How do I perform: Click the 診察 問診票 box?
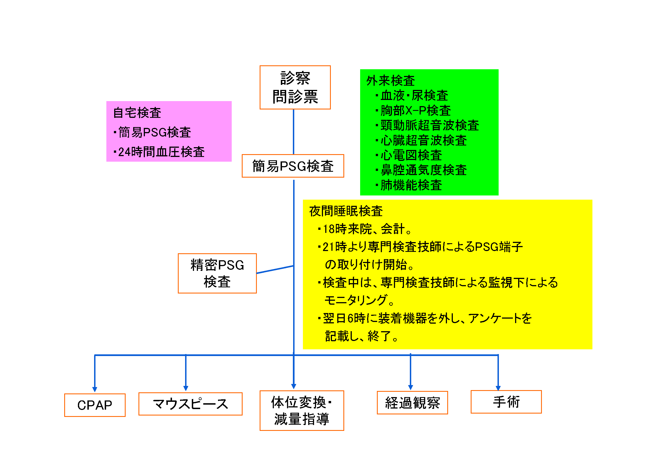(x=295, y=87)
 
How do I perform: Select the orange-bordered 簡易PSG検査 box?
(x=293, y=166)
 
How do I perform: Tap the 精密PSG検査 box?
(x=217, y=273)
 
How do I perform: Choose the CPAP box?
(x=95, y=405)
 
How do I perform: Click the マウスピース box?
(x=190, y=404)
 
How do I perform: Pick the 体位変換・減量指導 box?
(x=302, y=410)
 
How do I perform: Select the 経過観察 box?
(x=412, y=402)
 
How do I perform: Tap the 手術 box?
(x=506, y=402)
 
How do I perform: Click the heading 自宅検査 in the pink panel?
(x=137, y=113)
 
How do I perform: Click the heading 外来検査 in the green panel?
(x=391, y=80)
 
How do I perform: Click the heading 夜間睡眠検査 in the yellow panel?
(x=346, y=211)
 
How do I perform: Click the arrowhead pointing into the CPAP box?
(x=95, y=389)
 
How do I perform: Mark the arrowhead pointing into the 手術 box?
(x=498, y=388)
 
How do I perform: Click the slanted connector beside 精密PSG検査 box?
(x=275, y=269)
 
